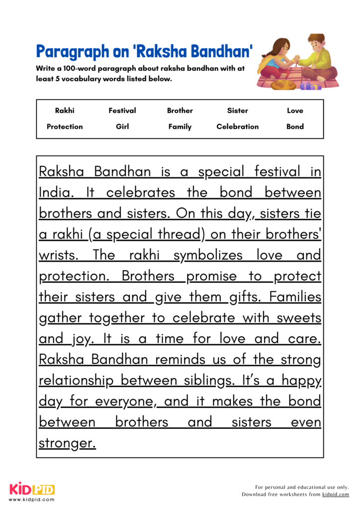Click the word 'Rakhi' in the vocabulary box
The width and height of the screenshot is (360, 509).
(65, 111)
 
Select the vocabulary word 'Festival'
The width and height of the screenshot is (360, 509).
(122, 111)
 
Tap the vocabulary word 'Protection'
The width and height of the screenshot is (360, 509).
(65, 127)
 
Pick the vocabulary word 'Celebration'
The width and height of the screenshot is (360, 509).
(238, 127)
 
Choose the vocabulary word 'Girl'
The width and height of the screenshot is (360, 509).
(122, 127)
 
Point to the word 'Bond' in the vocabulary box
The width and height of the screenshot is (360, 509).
(295, 127)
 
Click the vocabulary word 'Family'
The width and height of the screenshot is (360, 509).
(180, 127)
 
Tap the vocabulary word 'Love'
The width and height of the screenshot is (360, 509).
(295, 111)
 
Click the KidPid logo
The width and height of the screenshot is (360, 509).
(32, 489)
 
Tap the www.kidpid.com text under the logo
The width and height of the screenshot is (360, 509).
(32, 499)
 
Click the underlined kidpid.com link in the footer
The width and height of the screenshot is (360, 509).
(336, 495)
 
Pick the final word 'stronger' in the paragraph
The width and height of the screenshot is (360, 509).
(67, 443)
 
